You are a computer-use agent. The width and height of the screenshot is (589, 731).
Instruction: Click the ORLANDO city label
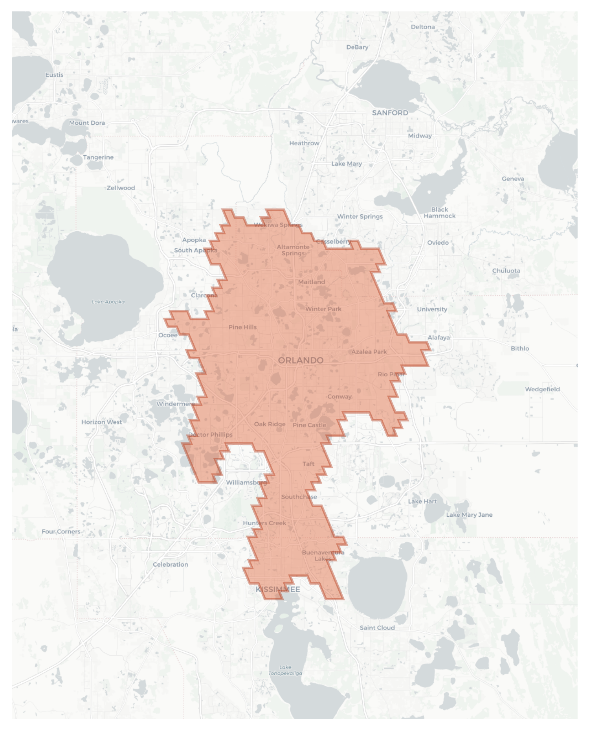(x=301, y=360)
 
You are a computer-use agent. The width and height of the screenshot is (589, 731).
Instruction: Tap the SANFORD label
(x=390, y=113)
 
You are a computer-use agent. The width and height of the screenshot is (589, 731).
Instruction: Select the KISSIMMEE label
(x=278, y=589)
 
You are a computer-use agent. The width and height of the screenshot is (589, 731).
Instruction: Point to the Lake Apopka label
(x=108, y=302)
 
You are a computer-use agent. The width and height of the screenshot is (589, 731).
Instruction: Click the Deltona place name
(x=423, y=27)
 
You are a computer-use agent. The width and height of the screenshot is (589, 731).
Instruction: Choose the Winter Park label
(x=323, y=309)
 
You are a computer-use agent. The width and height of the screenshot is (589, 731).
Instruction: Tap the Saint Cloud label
(x=377, y=628)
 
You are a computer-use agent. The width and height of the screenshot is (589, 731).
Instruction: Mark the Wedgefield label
(x=542, y=389)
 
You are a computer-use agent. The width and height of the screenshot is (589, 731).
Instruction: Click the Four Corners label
(x=61, y=532)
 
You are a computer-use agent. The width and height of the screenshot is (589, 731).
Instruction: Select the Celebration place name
(x=171, y=564)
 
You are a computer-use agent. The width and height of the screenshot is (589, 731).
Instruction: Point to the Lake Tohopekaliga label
(x=285, y=670)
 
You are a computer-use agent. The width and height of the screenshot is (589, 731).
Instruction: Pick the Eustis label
(x=54, y=75)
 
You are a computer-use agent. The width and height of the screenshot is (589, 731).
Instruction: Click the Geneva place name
(x=513, y=179)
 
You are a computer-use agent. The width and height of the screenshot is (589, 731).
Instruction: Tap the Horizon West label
(x=102, y=422)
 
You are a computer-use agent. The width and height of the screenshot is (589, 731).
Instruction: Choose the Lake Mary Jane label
(x=469, y=515)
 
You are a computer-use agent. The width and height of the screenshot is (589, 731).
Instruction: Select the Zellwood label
(x=121, y=188)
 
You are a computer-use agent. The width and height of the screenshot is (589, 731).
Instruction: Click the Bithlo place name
(x=520, y=348)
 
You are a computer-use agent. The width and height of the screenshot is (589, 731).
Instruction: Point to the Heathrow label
(x=304, y=143)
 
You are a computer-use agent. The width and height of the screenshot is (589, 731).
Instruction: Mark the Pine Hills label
(x=242, y=327)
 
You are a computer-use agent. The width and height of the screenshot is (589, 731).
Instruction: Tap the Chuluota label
(x=506, y=271)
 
